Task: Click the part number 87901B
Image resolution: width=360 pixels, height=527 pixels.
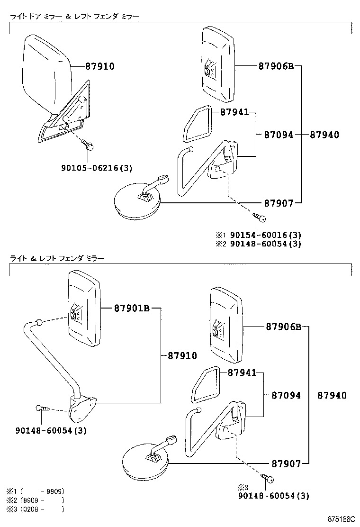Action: [132, 309]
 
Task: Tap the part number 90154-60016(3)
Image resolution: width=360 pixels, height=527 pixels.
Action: [265, 235]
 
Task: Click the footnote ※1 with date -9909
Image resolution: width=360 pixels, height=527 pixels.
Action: [36, 491]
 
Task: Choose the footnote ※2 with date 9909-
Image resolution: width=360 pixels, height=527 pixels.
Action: [36, 500]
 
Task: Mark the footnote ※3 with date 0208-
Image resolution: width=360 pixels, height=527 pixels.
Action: [36, 509]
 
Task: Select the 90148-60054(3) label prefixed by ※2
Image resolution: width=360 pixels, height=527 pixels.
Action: [265, 244]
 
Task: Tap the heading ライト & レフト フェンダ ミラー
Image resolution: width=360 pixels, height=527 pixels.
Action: [57, 258]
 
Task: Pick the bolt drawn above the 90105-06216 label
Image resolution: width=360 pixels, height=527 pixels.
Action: [87, 145]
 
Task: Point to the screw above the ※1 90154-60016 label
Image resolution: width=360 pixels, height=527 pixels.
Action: [260, 217]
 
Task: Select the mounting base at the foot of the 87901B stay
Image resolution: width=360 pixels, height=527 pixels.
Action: [81, 408]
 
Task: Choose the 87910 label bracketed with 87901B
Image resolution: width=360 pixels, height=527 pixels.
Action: [182, 356]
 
